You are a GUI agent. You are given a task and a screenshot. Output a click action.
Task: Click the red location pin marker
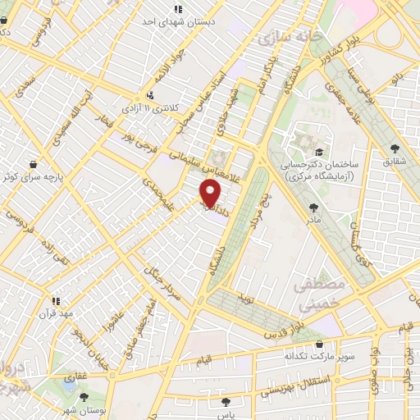[211, 193]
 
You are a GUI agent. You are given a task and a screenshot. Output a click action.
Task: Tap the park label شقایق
[395, 162]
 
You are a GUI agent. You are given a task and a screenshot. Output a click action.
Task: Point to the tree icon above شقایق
[395, 148]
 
